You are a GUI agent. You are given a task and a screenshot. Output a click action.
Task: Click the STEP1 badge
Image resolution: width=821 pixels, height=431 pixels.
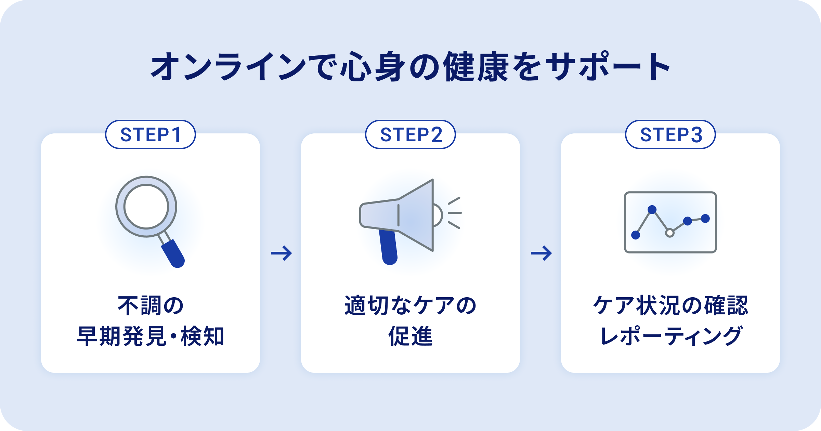point(151,134)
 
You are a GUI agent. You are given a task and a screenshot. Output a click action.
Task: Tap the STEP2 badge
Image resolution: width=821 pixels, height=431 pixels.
point(410,134)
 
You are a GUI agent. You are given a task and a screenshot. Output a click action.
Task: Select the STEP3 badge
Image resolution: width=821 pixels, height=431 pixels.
point(670,134)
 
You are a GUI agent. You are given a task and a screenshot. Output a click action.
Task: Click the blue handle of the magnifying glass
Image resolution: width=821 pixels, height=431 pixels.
point(173,253)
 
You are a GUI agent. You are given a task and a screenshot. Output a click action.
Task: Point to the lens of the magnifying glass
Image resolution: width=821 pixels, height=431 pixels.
point(146,206)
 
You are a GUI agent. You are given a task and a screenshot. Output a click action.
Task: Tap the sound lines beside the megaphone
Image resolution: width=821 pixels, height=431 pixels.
point(455,213)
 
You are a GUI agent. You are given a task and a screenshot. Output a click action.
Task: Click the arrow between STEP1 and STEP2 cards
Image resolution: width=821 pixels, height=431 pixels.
point(281,253)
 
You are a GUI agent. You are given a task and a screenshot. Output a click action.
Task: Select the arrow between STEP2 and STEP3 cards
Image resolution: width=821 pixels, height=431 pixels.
point(541,253)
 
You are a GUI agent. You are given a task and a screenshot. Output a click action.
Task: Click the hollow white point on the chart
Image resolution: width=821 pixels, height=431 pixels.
point(670,233)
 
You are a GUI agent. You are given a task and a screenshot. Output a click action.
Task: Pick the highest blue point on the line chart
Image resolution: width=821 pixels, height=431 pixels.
point(652,209)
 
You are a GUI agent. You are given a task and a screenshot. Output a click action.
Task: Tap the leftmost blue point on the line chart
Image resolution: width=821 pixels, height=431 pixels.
point(636,235)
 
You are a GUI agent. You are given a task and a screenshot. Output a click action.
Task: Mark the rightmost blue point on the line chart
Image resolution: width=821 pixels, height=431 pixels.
point(705,218)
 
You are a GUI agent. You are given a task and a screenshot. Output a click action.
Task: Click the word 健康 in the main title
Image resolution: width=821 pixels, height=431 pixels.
point(476,66)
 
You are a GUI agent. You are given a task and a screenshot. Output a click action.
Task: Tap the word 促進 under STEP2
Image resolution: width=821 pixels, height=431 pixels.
point(410,336)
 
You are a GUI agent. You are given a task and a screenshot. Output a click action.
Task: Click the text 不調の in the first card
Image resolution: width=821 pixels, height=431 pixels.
point(151,305)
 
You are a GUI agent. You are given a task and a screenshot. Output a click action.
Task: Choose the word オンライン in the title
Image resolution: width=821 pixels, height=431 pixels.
point(229,66)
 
